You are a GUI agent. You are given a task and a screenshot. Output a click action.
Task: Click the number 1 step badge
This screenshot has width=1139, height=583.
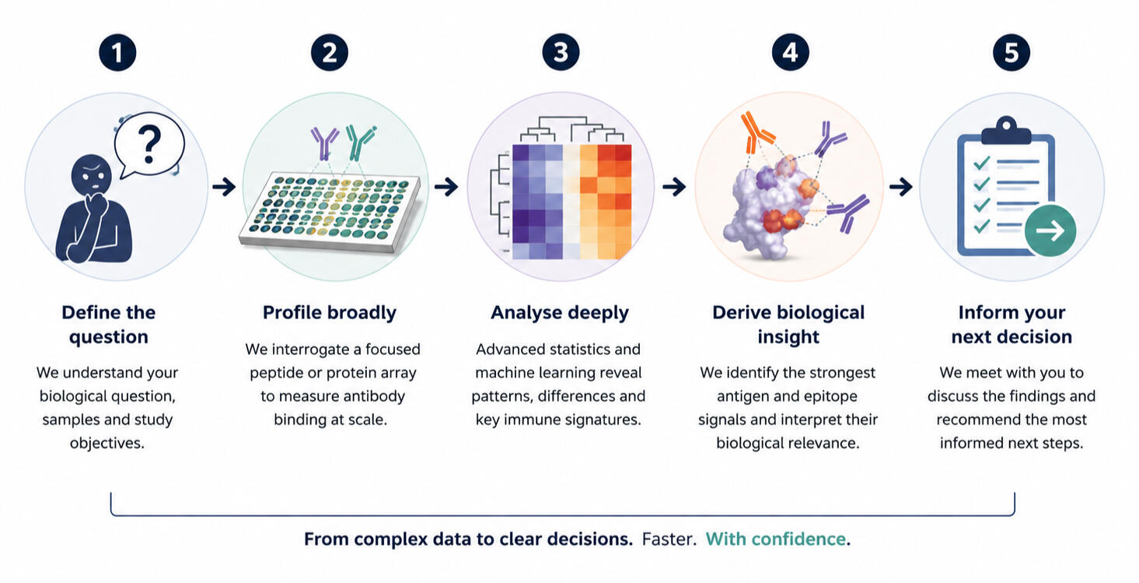click(x=117, y=52)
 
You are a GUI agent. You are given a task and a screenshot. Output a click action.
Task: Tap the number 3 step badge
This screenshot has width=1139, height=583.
click(x=561, y=52)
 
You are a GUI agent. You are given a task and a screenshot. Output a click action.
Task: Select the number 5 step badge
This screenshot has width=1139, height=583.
click(x=1011, y=52)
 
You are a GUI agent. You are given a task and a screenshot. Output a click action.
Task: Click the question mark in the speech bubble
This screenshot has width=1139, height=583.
click(x=149, y=145)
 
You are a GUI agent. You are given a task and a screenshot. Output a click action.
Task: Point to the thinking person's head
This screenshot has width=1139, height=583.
click(x=92, y=174)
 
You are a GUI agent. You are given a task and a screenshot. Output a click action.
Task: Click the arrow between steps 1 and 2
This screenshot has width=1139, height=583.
click(x=224, y=187)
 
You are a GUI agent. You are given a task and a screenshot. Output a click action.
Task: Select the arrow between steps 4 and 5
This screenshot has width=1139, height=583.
click(x=900, y=187)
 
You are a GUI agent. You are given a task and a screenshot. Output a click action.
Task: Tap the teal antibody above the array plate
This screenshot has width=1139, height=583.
click(x=360, y=142)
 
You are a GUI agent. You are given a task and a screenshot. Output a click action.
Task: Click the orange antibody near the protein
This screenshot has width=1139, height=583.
click(x=757, y=132)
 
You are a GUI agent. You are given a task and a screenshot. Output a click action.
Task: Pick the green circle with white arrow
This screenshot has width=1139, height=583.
click(x=1050, y=230)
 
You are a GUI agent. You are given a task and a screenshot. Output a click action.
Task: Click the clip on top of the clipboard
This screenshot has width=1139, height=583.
click(x=1006, y=131)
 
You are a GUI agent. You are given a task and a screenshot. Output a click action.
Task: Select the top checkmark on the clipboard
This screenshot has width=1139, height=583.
click(x=981, y=163)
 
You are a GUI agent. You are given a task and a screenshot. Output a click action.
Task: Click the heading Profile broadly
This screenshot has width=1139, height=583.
click(x=330, y=313)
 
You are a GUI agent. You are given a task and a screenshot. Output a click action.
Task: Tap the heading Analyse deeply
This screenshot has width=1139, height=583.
click(x=560, y=313)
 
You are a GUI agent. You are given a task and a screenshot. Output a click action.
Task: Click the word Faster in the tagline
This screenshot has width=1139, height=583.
click(x=669, y=539)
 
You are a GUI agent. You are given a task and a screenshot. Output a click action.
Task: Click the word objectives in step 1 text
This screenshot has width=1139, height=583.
click(x=107, y=443)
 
